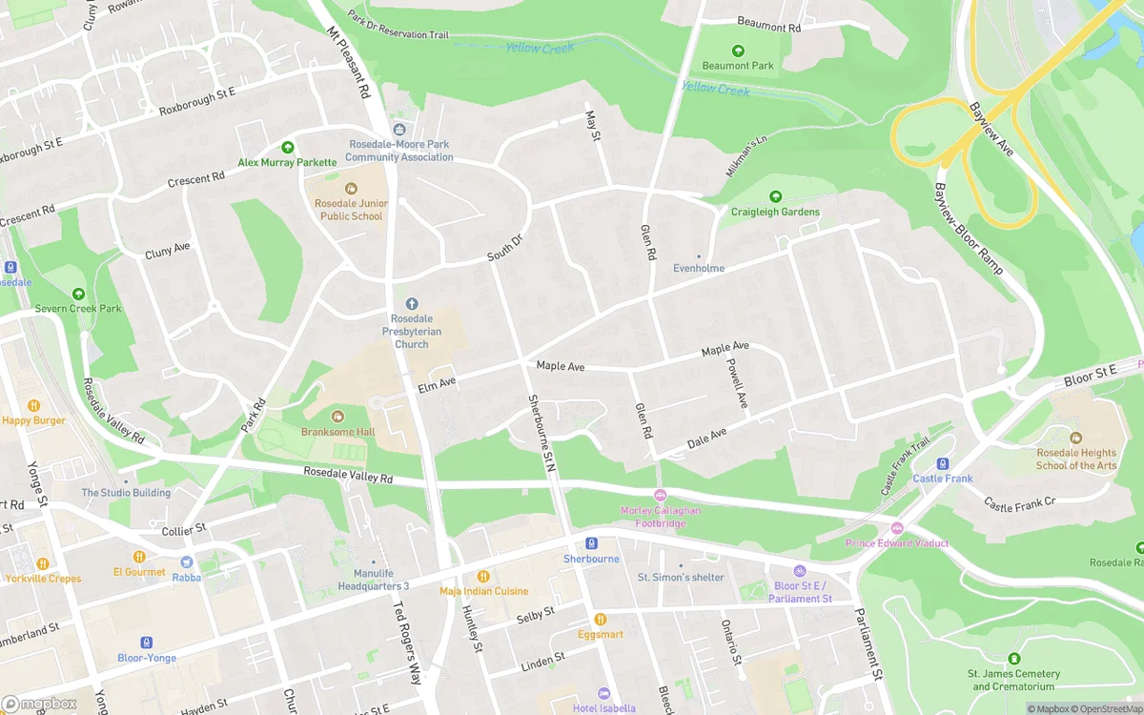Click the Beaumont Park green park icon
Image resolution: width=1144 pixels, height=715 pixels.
click(738, 51)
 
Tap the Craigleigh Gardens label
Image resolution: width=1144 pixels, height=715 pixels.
click(775, 212)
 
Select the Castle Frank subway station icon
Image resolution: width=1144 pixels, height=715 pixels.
click(943, 463)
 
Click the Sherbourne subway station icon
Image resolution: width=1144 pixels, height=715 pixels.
click(591, 543)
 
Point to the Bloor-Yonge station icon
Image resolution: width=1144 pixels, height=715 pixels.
click(146, 643)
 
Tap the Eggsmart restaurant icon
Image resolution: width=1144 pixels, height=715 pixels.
click(601, 619)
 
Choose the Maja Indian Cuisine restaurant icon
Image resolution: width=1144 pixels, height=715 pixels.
click(483, 576)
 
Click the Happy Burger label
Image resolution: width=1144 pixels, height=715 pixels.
click(34, 420)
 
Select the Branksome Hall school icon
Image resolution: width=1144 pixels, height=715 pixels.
click(337, 417)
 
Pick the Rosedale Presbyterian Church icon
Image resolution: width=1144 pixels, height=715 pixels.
click(412, 303)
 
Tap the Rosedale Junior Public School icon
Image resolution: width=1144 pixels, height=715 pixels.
click(350, 189)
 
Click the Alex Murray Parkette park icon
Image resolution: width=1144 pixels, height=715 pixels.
click(287, 148)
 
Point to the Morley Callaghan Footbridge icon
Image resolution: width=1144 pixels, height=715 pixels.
click(660, 495)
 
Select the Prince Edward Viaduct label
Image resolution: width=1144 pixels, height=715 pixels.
click(896, 543)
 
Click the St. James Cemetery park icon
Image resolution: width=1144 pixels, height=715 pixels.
click(1013, 659)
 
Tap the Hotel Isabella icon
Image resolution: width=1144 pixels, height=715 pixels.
click(603, 694)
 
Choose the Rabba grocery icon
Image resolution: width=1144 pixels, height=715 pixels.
click(186, 562)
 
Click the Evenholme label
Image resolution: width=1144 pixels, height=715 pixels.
click(699, 268)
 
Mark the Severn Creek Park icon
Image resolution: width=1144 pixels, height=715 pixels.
click(78, 294)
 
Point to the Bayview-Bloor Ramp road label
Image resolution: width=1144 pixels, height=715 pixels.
click(969, 229)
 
